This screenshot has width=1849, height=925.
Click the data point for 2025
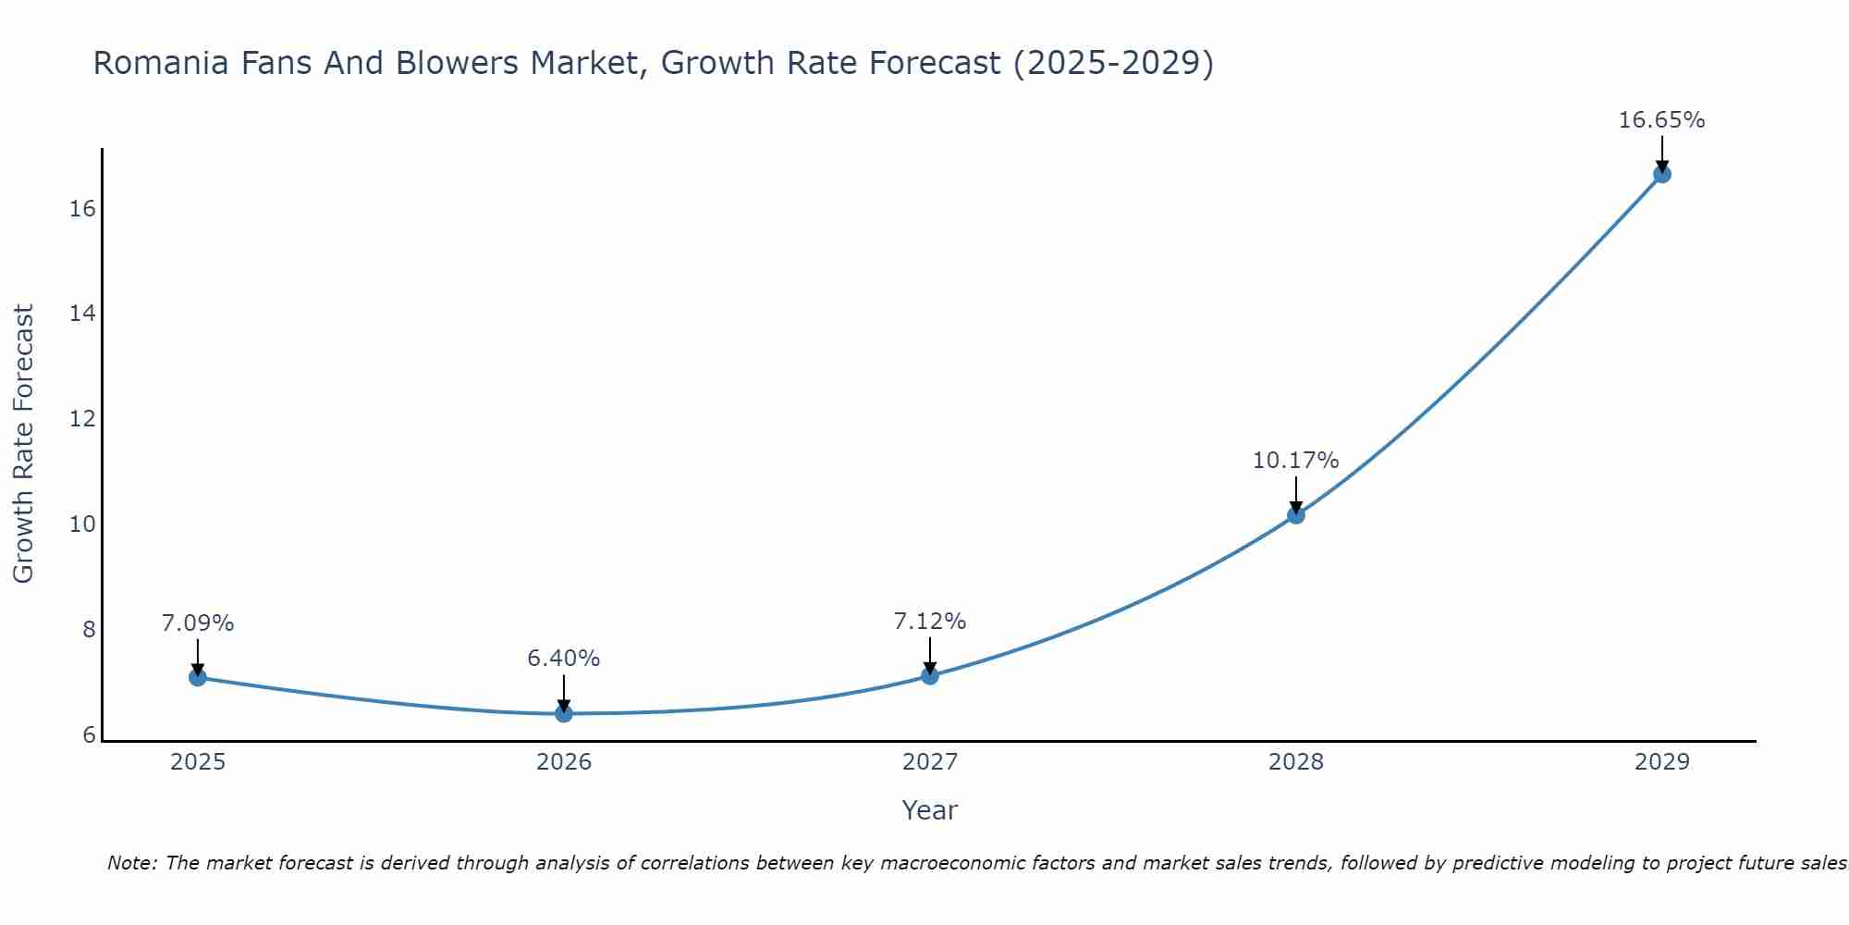click(x=198, y=677)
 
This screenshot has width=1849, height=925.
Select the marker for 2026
click(x=564, y=713)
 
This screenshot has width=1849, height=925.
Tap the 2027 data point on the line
click(x=930, y=675)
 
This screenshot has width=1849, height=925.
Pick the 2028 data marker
click(x=1296, y=515)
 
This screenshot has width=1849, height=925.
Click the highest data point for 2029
click(x=1662, y=174)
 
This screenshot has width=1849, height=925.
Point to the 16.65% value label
click(x=1661, y=120)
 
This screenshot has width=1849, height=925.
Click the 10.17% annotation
click(x=1295, y=461)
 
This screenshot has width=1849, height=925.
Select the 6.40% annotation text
click(x=564, y=659)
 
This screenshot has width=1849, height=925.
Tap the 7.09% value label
click(x=198, y=623)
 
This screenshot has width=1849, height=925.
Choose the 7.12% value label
click(x=930, y=622)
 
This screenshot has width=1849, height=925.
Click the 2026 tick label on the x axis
click(x=564, y=762)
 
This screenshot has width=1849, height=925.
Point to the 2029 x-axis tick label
click(x=1662, y=762)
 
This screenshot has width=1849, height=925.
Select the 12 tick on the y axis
click(x=82, y=419)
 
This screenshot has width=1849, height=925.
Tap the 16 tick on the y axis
click(x=82, y=209)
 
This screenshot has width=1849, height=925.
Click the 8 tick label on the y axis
click(x=88, y=630)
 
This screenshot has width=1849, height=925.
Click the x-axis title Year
click(x=930, y=810)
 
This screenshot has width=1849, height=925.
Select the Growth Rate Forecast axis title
click(x=24, y=444)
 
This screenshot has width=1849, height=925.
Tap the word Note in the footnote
click(x=131, y=863)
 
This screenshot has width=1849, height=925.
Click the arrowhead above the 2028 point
click(x=1296, y=507)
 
